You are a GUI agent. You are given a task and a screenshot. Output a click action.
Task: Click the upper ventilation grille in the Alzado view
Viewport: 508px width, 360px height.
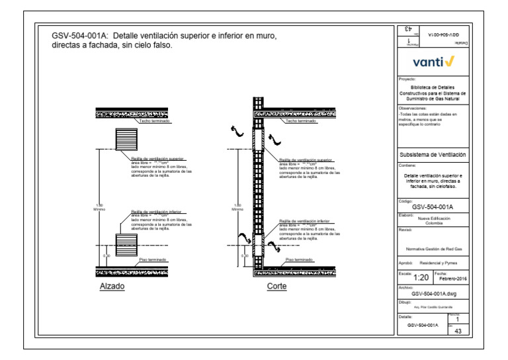[x=126, y=140]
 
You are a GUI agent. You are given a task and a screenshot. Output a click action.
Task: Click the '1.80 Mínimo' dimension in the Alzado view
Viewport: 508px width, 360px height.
[x=100, y=207]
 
